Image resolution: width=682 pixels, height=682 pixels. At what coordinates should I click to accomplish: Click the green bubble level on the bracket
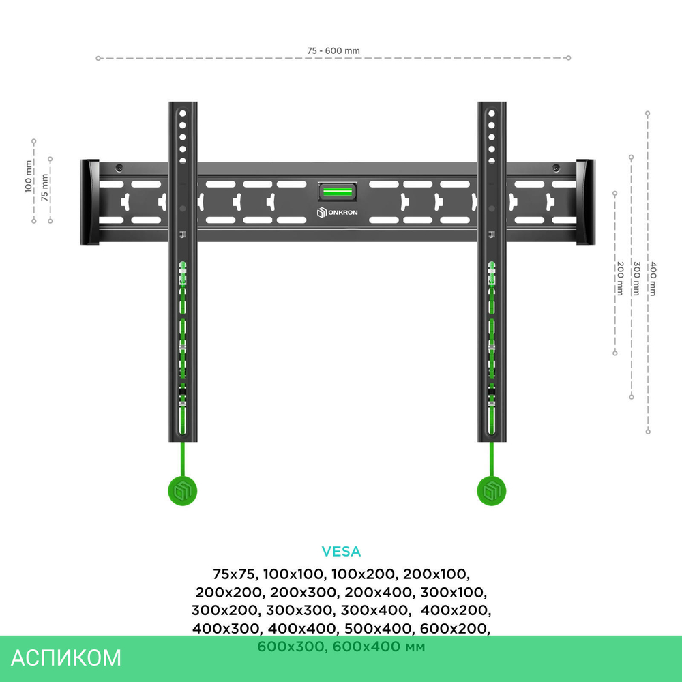(337, 192)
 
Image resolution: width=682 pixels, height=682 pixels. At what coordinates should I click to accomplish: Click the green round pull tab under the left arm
(182, 491)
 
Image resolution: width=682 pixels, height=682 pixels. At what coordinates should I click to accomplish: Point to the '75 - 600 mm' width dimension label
(333, 51)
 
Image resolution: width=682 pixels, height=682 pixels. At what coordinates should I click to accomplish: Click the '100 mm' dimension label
(29, 177)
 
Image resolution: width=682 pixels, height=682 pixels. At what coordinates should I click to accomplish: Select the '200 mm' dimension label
(620, 278)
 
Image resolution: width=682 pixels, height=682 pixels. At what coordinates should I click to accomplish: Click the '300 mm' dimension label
(636, 278)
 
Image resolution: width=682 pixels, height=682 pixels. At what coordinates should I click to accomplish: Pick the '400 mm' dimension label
(653, 279)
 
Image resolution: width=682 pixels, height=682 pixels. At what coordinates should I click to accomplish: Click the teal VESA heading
(341, 551)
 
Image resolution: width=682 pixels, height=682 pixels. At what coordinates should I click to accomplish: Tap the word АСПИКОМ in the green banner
(67, 657)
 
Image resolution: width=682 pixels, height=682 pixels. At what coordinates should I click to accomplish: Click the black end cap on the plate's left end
(89, 202)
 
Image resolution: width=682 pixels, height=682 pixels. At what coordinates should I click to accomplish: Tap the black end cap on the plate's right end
(586, 202)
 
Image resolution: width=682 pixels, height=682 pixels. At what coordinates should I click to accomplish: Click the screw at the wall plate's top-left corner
(119, 168)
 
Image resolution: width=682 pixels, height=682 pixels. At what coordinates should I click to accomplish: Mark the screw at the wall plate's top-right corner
(556, 168)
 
